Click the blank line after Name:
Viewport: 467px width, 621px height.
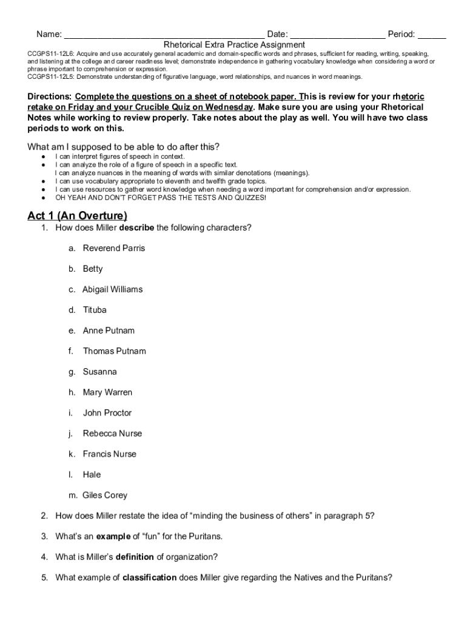164,35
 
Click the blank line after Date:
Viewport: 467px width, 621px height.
337,35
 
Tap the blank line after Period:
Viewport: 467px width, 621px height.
432,35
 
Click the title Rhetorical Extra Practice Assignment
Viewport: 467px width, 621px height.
234,45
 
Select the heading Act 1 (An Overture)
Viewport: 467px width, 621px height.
78,216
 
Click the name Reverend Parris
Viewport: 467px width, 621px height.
114,249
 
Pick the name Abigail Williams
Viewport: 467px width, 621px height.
113,289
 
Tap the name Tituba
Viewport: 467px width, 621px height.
95,310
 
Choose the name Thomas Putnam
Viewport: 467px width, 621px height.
115,351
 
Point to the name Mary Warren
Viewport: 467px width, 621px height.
107,392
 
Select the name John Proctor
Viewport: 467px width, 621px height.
107,413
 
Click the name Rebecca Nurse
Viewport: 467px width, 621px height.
112,434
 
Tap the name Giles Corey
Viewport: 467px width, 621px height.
106,495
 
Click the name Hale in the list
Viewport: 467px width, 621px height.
92,475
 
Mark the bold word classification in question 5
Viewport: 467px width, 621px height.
149,578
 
